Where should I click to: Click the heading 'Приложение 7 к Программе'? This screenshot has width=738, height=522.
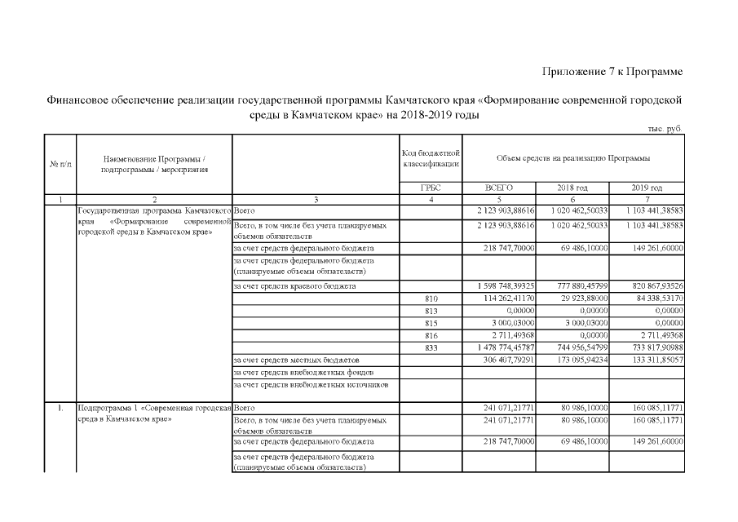coord(612,73)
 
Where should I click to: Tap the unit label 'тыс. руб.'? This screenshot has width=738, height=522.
coord(662,129)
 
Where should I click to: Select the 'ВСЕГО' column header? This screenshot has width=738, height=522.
coord(498,188)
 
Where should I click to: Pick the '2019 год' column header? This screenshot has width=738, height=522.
coord(647,188)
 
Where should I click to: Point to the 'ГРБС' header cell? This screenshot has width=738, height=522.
coord(431,188)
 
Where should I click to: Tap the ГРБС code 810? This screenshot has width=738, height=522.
coord(431,299)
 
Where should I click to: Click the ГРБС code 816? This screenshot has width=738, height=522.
coord(431,334)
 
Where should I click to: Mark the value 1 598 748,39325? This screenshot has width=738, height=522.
coord(501,286)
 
